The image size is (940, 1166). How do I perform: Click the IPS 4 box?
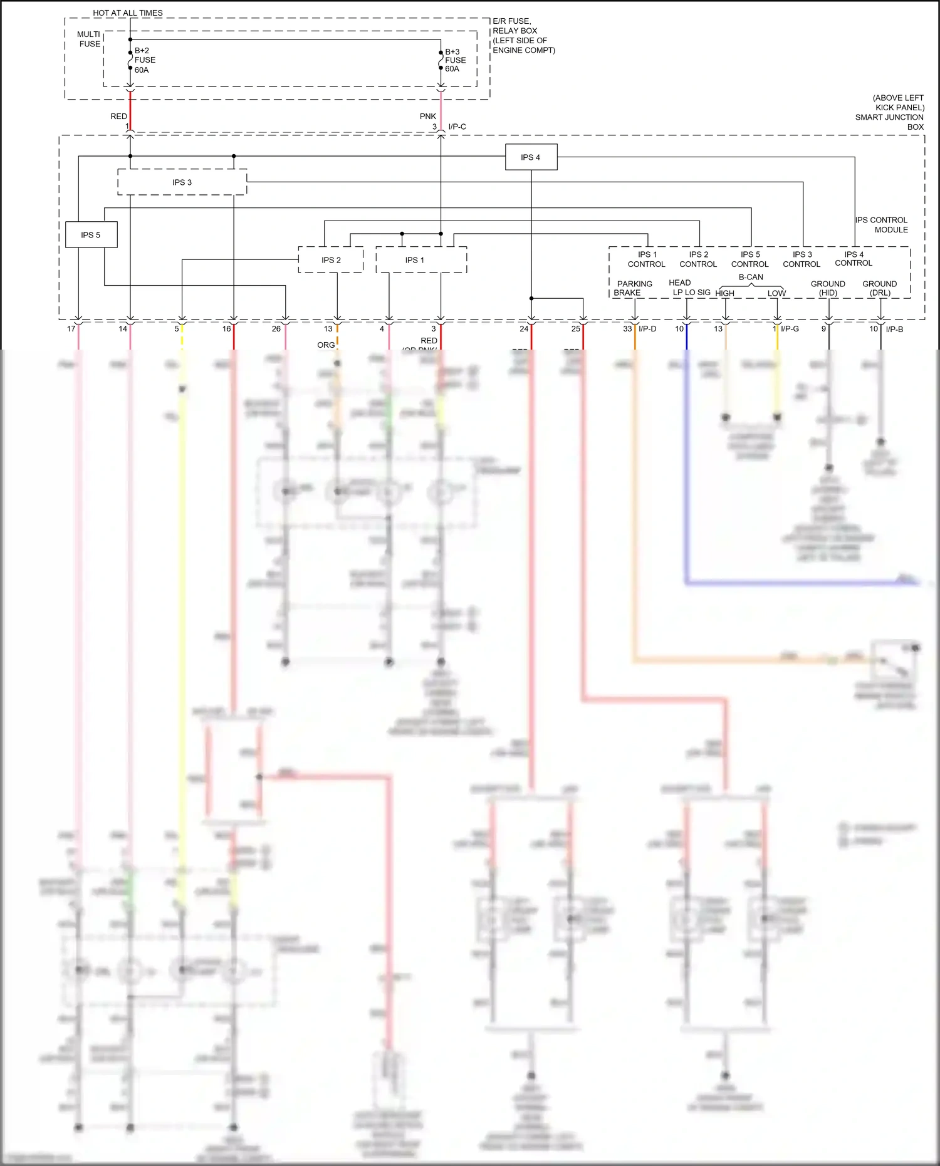[x=531, y=157]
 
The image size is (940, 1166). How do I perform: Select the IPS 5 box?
[x=91, y=235]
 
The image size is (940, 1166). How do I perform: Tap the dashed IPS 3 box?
[x=182, y=182]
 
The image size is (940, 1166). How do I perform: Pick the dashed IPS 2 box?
[x=331, y=260]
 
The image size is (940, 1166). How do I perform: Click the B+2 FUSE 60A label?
[x=145, y=60]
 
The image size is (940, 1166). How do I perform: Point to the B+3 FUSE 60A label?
[x=455, y=61]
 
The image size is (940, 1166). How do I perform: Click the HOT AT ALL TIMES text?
[x=128, y=13]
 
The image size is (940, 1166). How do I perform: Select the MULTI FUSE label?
[x=89, y=39]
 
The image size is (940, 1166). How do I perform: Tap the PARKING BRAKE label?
[x=634, y=288]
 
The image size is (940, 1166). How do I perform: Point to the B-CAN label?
[x=751, y=277]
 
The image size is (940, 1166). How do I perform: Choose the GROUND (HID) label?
[x=828, y=288]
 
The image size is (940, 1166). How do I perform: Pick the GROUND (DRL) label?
[x=879, y=288]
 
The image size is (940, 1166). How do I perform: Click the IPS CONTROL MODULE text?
[x=882, y=225]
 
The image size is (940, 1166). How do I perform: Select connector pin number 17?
[x=71, y=328]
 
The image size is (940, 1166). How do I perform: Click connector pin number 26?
[x=276, y=328]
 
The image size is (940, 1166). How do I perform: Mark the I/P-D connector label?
[x=647, y=328]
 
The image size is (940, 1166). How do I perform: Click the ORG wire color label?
[x=326, y=345]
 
